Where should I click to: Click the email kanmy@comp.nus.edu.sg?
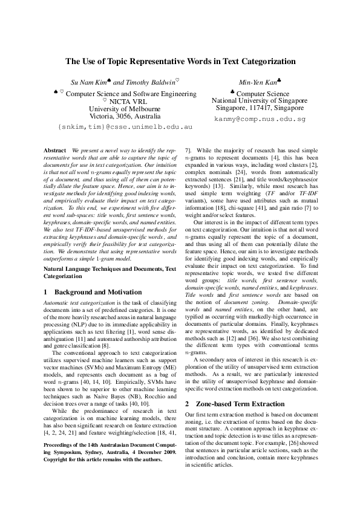click(260, 120)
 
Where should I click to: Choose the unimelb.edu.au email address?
click(125, 128)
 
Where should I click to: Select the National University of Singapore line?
click(260, 101)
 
